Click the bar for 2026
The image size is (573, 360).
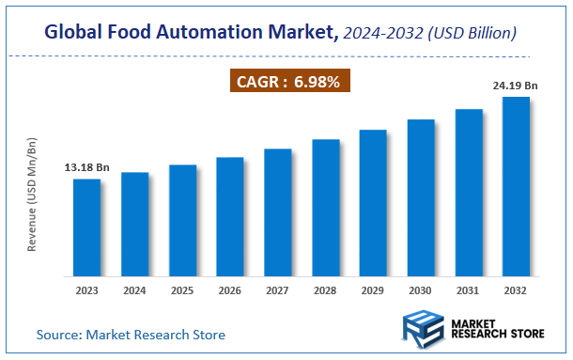pyautogui.click(x=230, y=217)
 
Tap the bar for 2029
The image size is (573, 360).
pyautogui.click(x=373, y=204)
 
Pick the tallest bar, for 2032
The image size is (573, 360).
pyautogui.click(x=516, y=187)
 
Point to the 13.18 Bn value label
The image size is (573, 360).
pyautogui.click(x=86, y=167)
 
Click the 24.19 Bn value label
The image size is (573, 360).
pyautogui.click(x=515, y=86)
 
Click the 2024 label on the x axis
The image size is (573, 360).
pyautogui.click(x=134, y=291)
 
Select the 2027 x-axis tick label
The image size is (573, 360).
pyautogui.click(x=277, y=291)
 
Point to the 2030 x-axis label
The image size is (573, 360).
pyautogui.click(x=421, y=291)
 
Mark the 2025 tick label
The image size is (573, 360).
pyautogui.click(x=182, y=291)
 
